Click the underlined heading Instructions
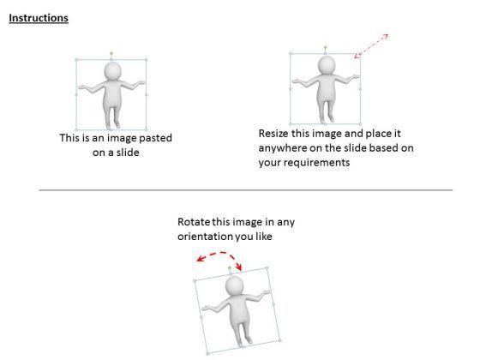(39, 18)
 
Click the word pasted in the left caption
(155, 138)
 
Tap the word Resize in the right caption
(273, 134)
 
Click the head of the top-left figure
(113, 71)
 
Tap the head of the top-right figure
(327, 65)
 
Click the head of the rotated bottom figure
(234, 286)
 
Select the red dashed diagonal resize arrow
(371, 46)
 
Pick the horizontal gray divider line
(246, 190)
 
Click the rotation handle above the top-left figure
(111, 53)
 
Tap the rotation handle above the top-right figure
(325, 47)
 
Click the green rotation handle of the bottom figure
(230, 268)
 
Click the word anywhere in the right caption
(283, 148)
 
